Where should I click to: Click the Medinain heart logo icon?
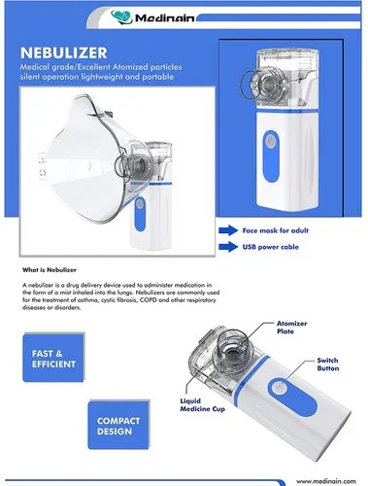pos(121,17)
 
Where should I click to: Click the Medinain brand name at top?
pos(165,18)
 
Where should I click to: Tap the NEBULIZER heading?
pos(64,52)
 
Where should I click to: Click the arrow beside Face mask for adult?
pos(228,230)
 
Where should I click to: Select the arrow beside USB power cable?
pos(228,247)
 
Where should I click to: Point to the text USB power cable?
pos(271,247)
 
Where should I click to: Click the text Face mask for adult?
pos(276,230)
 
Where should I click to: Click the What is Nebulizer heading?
pos(50,269)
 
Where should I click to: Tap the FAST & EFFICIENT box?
pos(53,358)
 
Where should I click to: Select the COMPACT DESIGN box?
pos(118,425)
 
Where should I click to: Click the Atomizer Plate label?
pos(291,328)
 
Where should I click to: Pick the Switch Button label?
pos(328,364)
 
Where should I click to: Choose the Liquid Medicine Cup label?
pos(202,405)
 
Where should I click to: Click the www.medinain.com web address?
pos(326,481)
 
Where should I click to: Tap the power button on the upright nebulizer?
pos(271,141)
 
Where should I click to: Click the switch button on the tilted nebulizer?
pos(278,388)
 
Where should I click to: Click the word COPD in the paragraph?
pos(148,300)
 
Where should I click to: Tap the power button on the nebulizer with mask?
pos(140,203)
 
